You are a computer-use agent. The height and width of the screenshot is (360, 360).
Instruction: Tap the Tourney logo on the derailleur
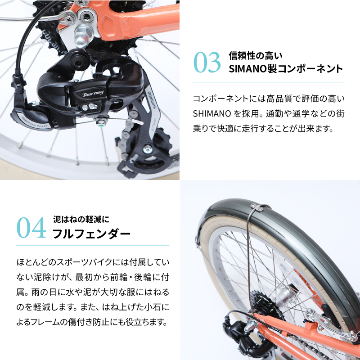coord(93,93)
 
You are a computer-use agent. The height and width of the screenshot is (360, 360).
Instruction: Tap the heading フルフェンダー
coord(91,234)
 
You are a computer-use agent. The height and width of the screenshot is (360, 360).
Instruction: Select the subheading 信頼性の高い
coord(255,56)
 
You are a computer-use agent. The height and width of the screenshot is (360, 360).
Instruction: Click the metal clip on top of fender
coord(261,208)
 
